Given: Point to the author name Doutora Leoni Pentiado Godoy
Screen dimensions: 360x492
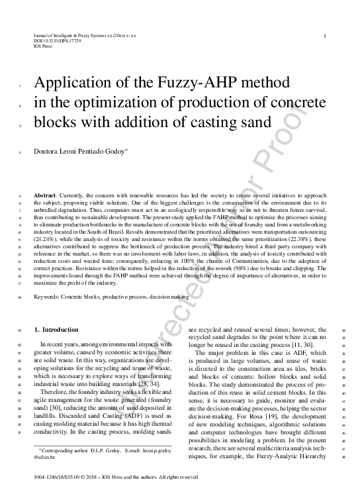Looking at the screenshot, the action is [x=89, y=152].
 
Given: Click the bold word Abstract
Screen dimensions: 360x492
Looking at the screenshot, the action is [x=46, y=197].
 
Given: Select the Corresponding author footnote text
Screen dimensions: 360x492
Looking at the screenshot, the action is [x=99, y=450].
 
